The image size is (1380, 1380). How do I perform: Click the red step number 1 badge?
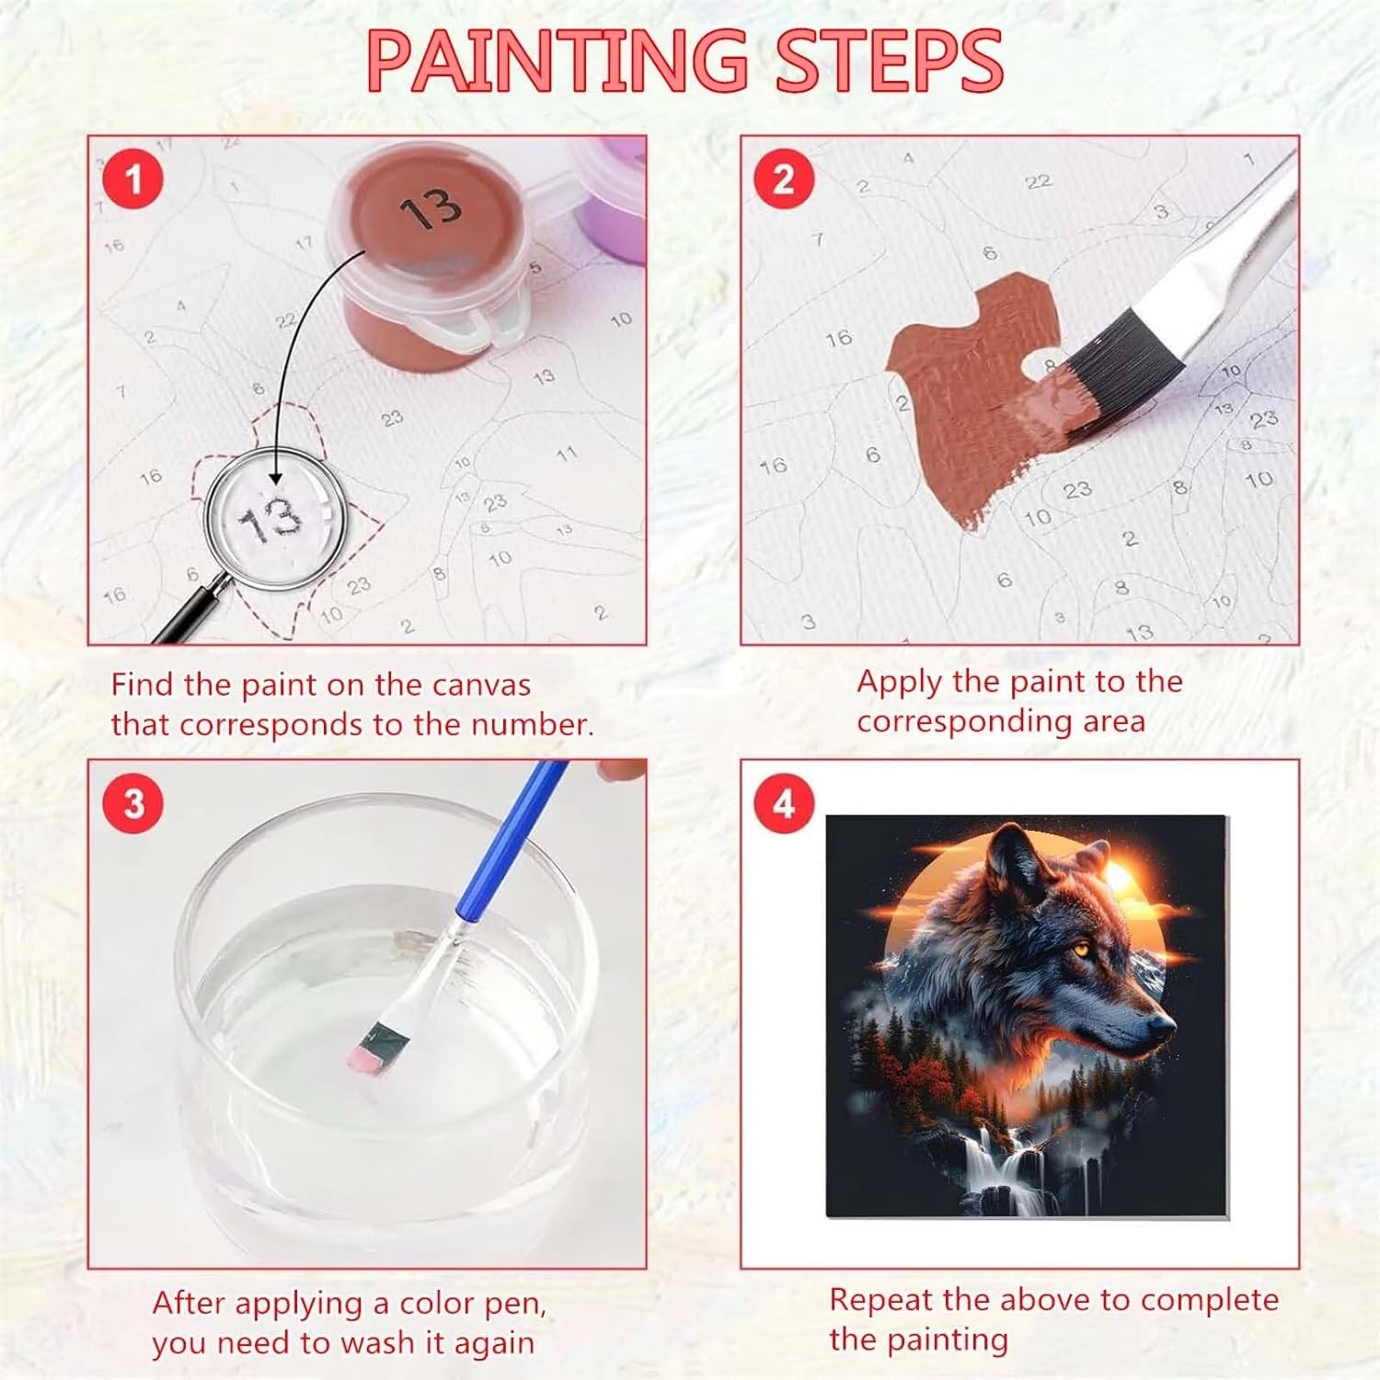tap(133, 178)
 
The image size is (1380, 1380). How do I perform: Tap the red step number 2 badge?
tap(784, 178)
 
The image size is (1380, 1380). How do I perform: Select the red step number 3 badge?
tap(134, 803)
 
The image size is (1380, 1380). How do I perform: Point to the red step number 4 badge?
tap(784, 803)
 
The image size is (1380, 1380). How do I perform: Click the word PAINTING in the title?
tap(558, 61)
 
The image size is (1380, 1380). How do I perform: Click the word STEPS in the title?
tap(889, 61)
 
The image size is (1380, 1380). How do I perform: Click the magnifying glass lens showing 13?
tap(274, 519)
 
